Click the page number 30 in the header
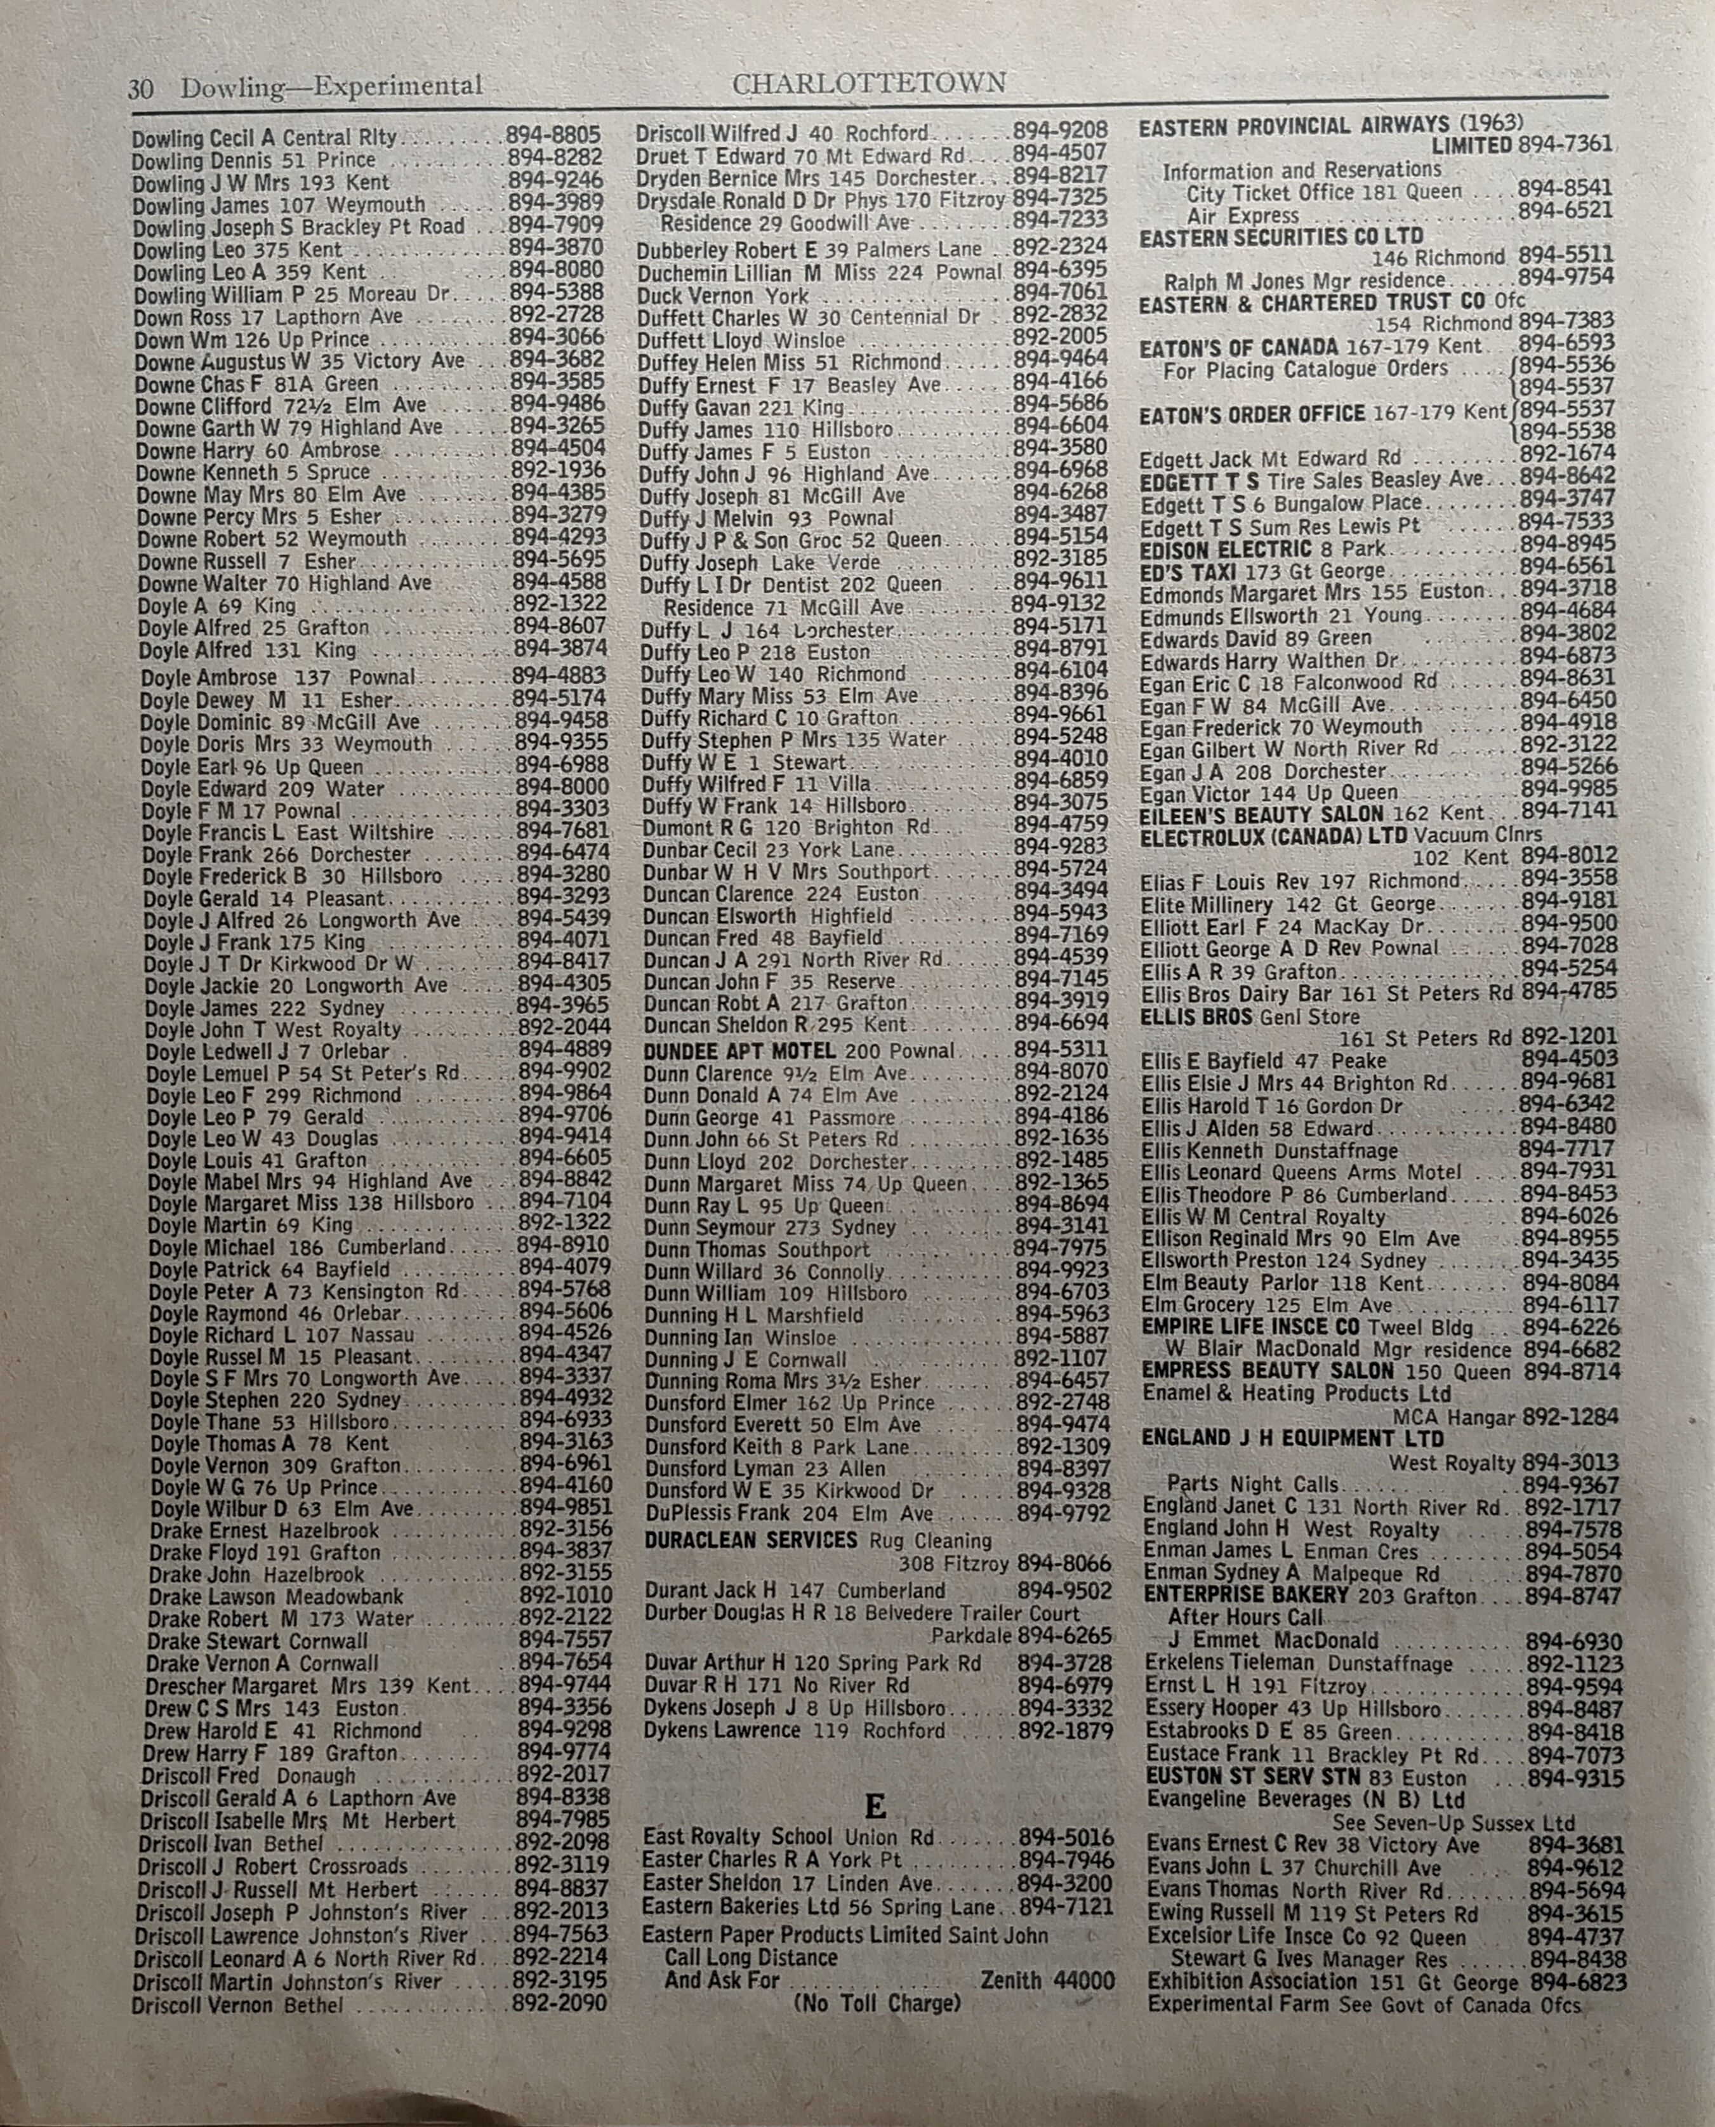[x=140, y=89]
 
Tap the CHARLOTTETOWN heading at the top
[x=870, y=83]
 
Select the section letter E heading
[x=874, y=1808]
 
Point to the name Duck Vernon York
[x=723, y=295]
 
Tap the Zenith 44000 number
[x=1047, y=1980]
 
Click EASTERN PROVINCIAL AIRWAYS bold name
[x=1294, y=126]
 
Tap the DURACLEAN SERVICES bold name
[x=751, y=1540]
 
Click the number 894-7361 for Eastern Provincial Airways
[x=1565, y=145]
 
